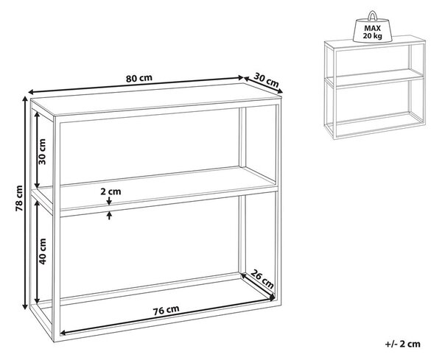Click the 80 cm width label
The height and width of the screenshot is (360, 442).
139,78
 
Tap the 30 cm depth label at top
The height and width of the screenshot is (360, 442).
266,80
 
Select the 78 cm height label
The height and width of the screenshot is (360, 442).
19,198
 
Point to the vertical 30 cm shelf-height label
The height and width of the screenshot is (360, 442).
42,152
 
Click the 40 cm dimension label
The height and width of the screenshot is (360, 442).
42,251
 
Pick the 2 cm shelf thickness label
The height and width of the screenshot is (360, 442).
110,191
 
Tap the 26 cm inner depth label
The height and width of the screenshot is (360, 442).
262,279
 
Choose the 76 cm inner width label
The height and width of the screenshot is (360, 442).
166,310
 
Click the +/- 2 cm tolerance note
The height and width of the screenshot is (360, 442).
402,344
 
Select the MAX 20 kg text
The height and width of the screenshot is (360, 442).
372,32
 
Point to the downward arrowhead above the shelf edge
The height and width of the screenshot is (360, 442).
109,202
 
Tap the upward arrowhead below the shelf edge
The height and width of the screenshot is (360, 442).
109,215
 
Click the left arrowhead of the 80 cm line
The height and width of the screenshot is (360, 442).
31,92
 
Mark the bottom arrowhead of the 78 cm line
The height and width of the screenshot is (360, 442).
26,306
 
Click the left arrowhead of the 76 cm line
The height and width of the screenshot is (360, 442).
63,333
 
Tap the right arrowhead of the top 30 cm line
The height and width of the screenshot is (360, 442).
280,91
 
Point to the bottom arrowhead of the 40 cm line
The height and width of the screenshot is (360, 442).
37,300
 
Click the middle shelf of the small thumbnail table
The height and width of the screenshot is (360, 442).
375,77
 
